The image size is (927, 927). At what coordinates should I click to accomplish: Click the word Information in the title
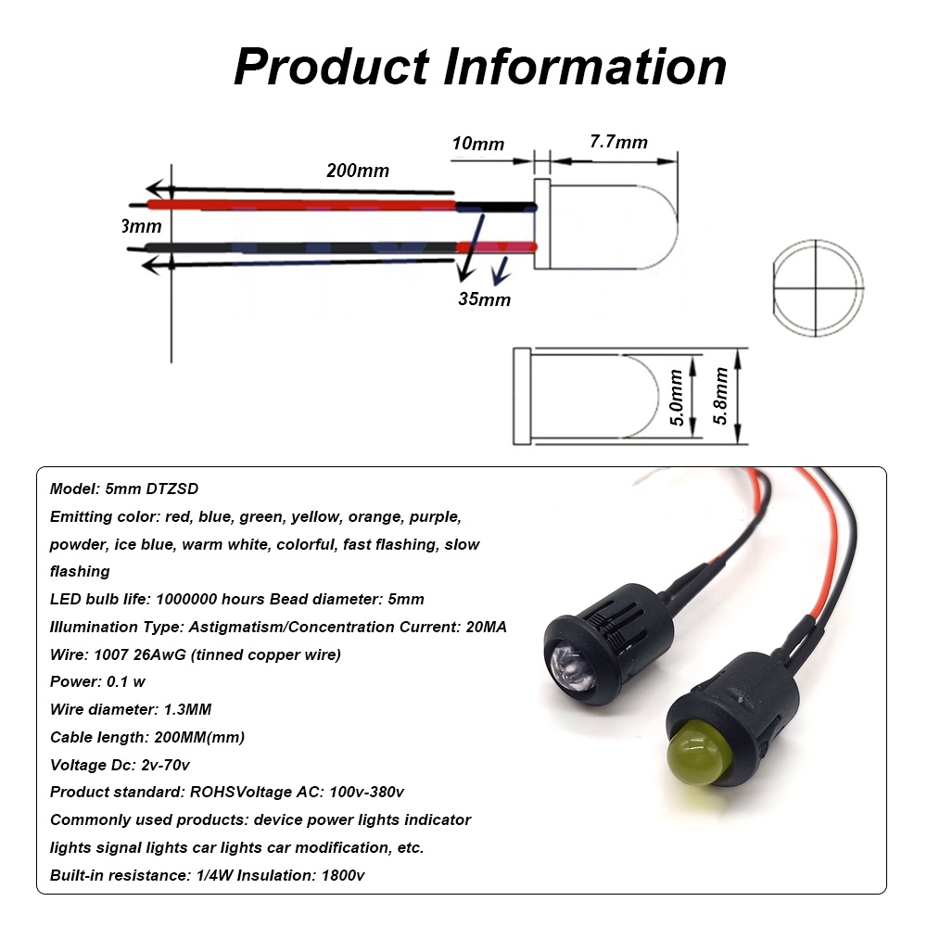583,67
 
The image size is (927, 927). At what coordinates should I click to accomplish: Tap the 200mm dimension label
358,171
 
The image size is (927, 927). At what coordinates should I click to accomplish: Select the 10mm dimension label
478,144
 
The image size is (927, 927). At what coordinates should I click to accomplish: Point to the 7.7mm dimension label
618,142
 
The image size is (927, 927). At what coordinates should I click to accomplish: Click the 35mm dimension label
484,299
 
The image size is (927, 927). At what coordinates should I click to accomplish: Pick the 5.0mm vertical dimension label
677,398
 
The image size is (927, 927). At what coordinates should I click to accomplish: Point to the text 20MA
484,627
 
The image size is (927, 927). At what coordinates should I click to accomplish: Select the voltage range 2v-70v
167,765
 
